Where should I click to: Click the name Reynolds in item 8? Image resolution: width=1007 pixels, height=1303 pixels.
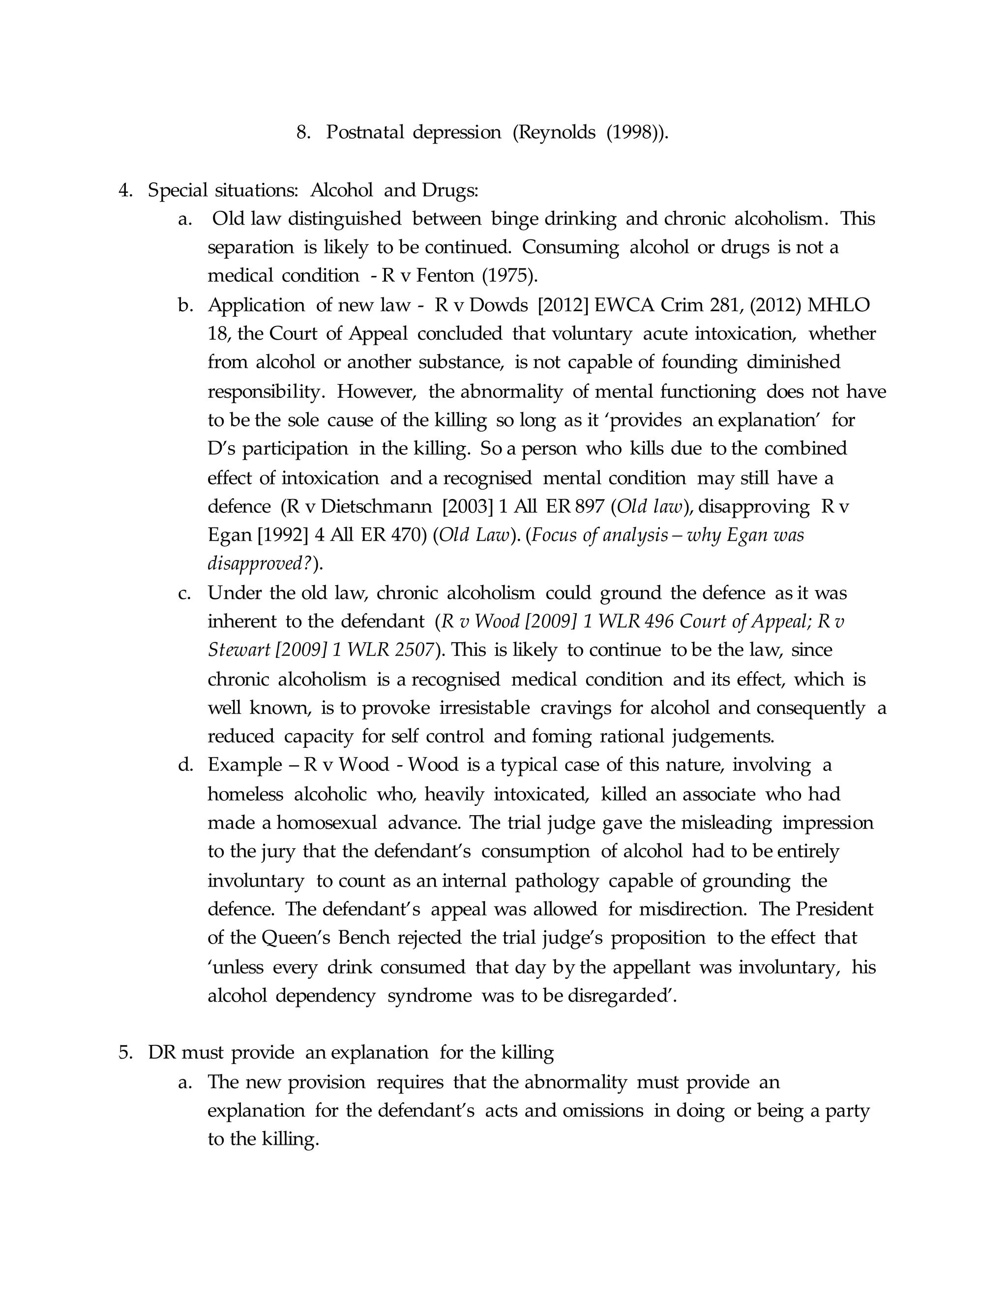pos(556,132)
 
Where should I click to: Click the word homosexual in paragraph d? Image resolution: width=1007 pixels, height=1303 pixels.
pos(326,823)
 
